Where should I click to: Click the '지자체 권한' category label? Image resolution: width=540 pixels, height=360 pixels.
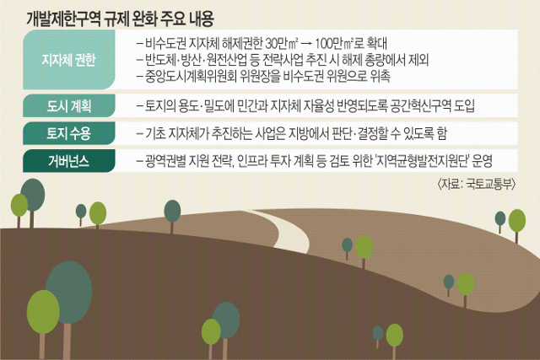(x=68, y=60)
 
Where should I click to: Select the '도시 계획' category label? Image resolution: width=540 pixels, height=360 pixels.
(x=69, y=105)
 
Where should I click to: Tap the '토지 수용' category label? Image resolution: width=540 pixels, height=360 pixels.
(x=69, y=133)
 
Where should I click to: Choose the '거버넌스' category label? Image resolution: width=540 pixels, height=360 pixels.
(x=69, y=161)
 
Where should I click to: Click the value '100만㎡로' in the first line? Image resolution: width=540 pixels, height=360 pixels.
(x=339, y=43)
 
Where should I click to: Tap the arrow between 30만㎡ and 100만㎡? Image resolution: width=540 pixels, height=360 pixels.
(x=306, y=44)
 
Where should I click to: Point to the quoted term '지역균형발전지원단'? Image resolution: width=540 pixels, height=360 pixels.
(x=423, y=161)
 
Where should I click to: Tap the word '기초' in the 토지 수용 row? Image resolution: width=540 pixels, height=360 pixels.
(x=155, y=133)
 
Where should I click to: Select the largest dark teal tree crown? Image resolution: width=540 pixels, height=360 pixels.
(x=69, y=292)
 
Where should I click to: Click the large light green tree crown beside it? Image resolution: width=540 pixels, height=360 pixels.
(x=43, y=312)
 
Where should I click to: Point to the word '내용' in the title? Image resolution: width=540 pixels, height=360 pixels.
(x=202, y=19)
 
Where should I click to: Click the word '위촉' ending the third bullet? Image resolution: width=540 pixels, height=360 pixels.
(x=381, y=76)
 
